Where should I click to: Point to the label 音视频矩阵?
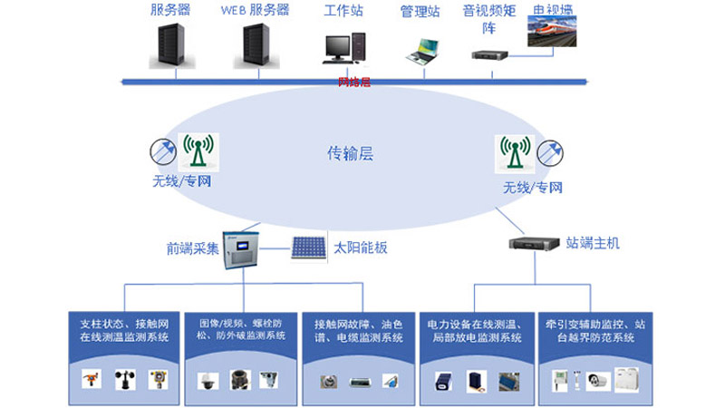point(488,19)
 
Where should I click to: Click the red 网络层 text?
point(354,82)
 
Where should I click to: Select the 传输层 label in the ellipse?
point(350,154)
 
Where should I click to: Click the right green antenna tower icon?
point(513,153)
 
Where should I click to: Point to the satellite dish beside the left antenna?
point(164,149)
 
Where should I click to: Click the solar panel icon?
point(308,247)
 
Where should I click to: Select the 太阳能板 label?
point(361,247)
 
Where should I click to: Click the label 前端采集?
point(192,248)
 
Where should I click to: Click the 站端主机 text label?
point(593,243)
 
